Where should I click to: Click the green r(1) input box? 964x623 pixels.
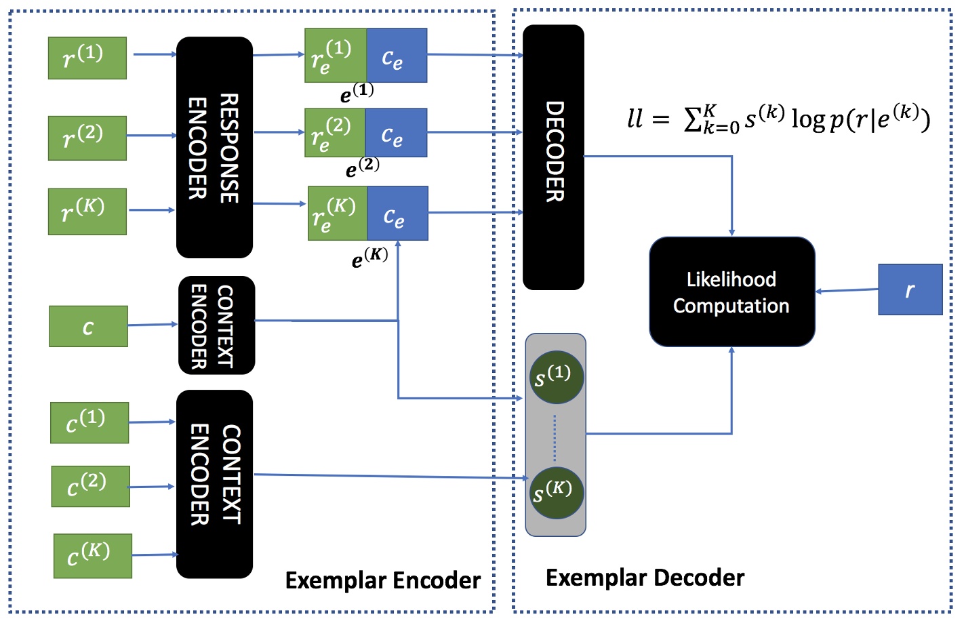[x=87, y=58]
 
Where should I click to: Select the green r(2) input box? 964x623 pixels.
[x=87, y=138]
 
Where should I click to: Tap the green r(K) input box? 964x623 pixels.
[x=87, y=212]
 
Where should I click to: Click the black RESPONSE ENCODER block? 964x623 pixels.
[x=214, y=147]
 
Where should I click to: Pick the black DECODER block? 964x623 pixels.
[x=553, y=157]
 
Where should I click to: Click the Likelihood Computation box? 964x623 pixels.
[x=731, y=292]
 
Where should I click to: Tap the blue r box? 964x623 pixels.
[x=910, y=289]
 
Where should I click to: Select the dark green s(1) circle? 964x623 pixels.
[x=556, y=378]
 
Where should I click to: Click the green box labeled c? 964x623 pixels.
[x=88, y=326]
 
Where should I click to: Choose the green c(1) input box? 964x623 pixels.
[x=89, y=422]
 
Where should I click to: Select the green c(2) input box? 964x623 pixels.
[x=90, y=486]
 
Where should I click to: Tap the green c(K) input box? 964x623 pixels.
[x=93, y=556]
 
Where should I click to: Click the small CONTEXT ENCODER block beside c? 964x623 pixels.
[x=216, y=325]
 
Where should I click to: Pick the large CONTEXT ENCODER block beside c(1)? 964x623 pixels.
[x=214, y=484]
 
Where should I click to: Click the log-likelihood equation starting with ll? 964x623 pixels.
[x=778, y=119]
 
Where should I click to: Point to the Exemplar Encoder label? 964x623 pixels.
[x=382, y=580]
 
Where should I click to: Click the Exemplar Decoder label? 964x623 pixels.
[x=645, y=578]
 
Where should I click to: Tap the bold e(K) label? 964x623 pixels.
[x=369, y=258]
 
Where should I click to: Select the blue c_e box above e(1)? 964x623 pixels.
[x=396, y=56]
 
